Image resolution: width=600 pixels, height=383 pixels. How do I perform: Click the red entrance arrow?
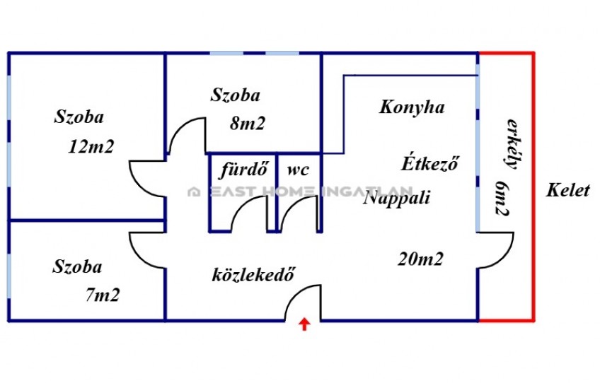click(304, 324)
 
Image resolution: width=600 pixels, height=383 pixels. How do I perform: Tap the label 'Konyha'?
click(412, 107)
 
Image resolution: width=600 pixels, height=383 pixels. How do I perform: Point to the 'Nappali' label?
click(396, 199)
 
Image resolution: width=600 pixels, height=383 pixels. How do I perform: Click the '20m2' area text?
click(420, 259)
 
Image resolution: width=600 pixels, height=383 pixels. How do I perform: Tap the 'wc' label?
click(298, 170)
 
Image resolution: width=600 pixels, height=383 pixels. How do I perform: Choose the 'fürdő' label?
click(243, 170)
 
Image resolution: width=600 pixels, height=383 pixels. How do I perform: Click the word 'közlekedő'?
click(253, 274)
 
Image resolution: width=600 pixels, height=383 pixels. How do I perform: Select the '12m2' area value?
click(91, 146)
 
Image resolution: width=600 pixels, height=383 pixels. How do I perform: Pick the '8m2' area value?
click(247, 123)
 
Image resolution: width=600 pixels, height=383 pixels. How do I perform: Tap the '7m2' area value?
click(103, 295)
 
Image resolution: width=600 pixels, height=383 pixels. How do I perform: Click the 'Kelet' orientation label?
click(568, 190)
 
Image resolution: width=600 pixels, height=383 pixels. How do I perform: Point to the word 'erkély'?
click(513, 144)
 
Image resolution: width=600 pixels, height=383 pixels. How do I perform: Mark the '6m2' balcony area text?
click(502, 198)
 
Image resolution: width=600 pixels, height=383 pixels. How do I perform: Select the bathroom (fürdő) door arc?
click(241, 206)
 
